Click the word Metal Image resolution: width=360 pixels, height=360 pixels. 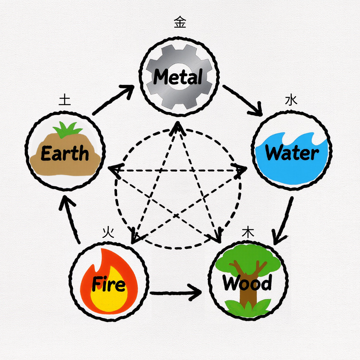pos(178,77)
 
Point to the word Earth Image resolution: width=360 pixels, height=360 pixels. pos(65,154)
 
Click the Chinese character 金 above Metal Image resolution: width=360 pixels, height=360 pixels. pos(180,23)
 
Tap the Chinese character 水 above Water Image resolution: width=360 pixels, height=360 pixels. pos(291,100)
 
